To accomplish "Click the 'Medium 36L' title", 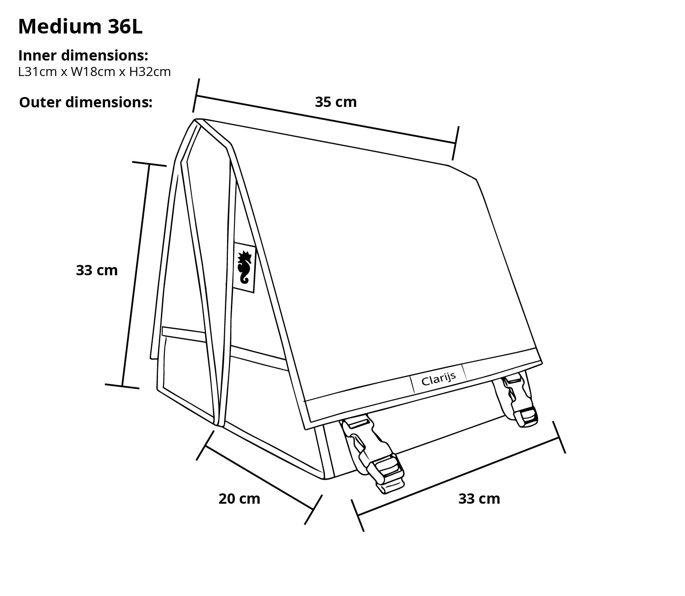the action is tap(80, 27).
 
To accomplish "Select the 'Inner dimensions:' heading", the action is tap(83, 55).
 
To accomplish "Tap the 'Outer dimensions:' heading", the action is tap(86, 102).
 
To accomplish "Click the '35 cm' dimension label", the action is tap(336, 102).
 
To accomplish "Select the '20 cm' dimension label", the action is tap(239, 499).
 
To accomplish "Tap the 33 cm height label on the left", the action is tap(97, 270).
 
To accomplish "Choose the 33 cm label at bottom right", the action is tap(479, 499).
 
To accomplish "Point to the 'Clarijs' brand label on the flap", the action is tap(438, 378).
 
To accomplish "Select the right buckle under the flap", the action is tap(515, 399).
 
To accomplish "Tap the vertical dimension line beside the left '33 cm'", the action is tap(136, 275).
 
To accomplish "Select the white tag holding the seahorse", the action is tap(245, 267).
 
